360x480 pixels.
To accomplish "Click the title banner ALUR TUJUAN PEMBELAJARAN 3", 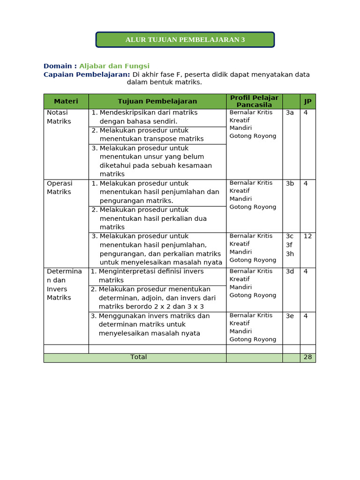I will point(185,40).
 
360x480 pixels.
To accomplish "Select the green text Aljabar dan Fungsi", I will point(114,66).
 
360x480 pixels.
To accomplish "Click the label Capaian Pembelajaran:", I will point(87,75).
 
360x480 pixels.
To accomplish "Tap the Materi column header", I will point(66,101).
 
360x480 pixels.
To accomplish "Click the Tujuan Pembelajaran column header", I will point(157,101).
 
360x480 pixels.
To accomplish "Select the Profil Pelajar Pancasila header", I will point(254,101).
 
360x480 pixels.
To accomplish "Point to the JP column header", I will point(307,102).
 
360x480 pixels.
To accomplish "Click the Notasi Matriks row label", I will point(59,117).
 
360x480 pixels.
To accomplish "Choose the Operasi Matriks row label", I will point(60,187).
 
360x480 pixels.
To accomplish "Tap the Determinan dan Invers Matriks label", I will point(64,284).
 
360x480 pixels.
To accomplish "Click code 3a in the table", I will point(290,112).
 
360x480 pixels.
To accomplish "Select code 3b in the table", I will point(290,183).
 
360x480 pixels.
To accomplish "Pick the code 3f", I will point(290,245).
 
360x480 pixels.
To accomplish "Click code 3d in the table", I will point(290,271).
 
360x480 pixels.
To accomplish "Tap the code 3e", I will point(290,316).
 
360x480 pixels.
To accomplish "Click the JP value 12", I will point(307,236).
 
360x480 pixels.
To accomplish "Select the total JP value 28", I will point(307,357).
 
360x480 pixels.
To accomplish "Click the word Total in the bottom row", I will point(138,357).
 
